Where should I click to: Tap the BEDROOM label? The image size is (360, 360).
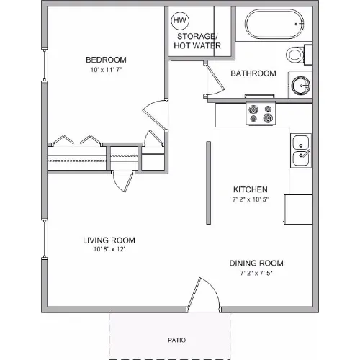106,60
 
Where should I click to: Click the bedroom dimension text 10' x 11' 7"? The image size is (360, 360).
106,70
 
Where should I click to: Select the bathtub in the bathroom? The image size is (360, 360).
274,24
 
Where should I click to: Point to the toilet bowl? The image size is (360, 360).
295,55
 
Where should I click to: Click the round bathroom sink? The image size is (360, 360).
301,86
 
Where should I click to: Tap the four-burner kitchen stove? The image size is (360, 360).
261,113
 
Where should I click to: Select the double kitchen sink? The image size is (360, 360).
301,150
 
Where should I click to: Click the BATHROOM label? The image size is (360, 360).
253,73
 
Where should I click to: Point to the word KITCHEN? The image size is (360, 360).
251,189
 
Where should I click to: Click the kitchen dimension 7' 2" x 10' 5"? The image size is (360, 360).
251,199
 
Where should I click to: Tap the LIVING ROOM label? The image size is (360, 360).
109,240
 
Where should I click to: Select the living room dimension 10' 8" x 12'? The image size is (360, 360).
109,249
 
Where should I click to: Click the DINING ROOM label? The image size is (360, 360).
256,264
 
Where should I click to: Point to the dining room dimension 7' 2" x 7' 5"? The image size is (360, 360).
256,273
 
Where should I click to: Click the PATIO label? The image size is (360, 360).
177,340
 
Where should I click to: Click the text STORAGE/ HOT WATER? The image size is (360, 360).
197,41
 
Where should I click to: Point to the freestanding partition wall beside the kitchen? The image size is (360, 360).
209,183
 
